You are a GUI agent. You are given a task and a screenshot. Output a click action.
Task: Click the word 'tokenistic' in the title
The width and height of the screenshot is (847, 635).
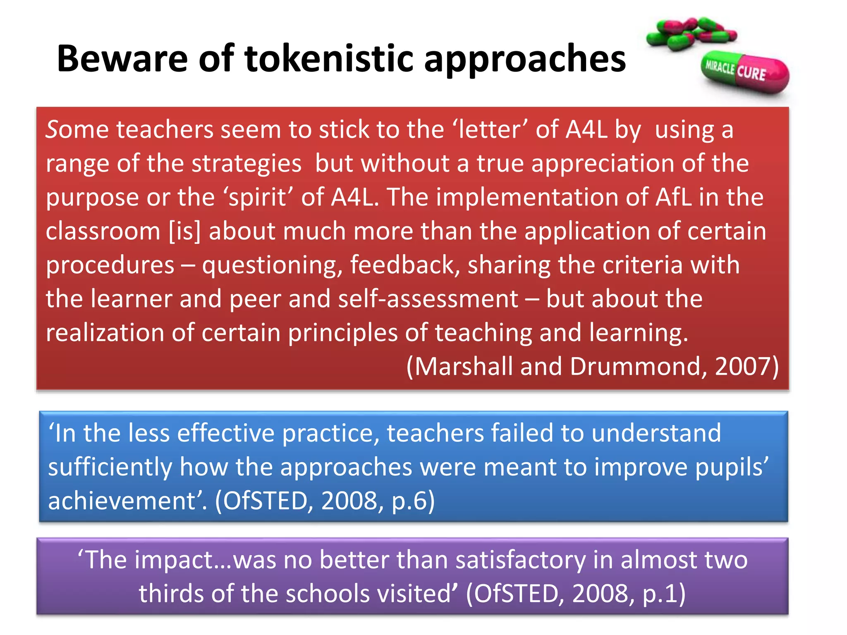(x=329, y=59)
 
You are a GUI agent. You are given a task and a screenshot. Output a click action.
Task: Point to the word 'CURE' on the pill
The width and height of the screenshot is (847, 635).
(x=751, y=73)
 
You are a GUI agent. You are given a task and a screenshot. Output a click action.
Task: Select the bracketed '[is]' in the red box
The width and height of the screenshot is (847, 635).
(x=184, y=231)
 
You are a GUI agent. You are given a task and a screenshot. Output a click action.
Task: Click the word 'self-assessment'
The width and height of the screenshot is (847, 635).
(x=428, y=299)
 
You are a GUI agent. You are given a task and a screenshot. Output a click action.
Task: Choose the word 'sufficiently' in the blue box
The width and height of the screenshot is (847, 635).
(x=110, y=468)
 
